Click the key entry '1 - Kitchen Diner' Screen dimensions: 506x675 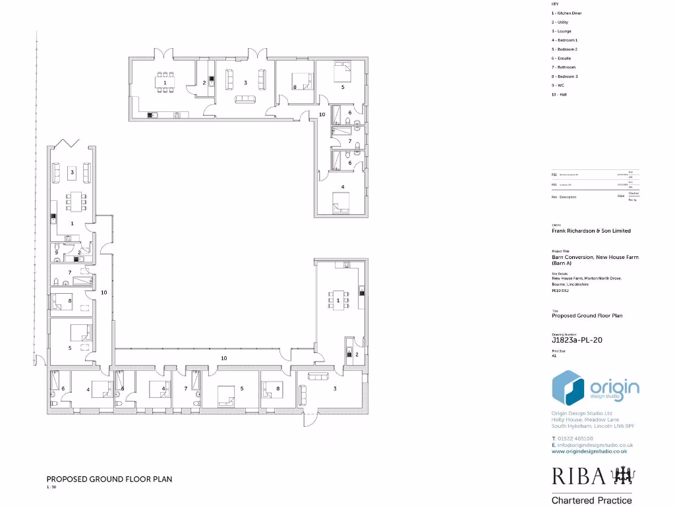[566, 13]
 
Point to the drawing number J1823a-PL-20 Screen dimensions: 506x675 [577, 341]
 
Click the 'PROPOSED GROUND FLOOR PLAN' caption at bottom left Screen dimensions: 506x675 [109, 479]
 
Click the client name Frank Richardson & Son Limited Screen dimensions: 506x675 [591, 231]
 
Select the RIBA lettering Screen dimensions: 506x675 [575, 476]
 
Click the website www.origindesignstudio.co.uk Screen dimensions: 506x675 [589, 451]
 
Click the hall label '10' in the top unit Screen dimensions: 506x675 [322, 115]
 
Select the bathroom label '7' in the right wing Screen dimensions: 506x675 [350, 141]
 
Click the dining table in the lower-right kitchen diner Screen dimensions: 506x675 [337, 300]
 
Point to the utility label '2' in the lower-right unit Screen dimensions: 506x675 [357, 354]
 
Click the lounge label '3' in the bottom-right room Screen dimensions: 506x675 [335, 389]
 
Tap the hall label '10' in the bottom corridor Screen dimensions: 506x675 [224, 358]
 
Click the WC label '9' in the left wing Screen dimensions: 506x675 [57, 252]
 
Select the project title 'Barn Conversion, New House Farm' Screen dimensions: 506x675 [595, 257]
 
